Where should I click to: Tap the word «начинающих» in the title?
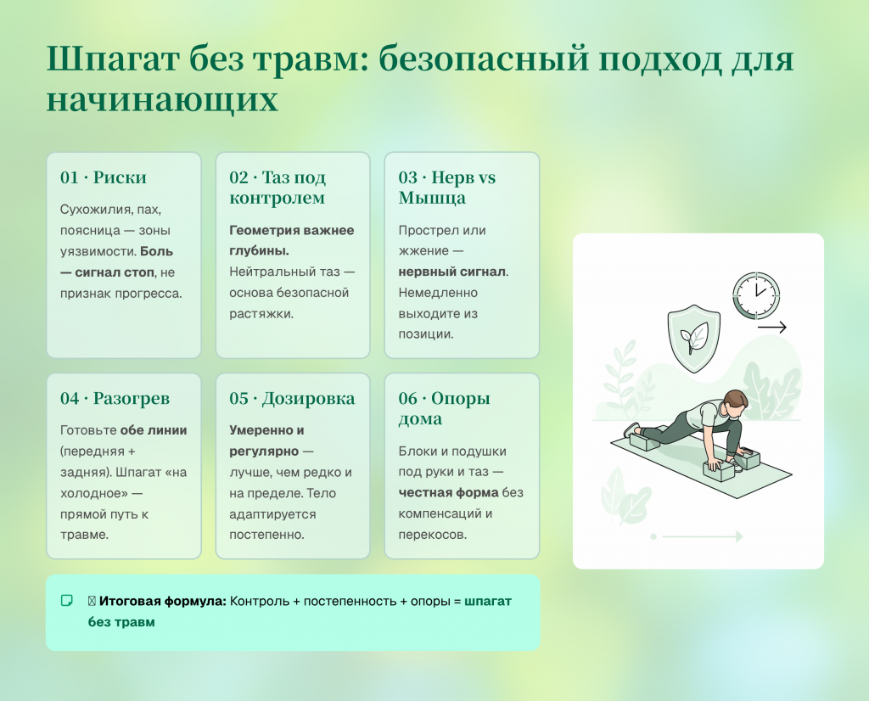click(x=162, y=100)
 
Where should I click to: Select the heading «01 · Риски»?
click(x=103, y=177)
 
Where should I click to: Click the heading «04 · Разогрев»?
click(x=115, y=398)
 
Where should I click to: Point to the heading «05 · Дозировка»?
click(x=292, y=398)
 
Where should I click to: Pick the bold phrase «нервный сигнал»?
click(x=451, y=272)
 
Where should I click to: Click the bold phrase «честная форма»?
click(x=448, y=492)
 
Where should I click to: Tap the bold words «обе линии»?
click(x=154, y=430)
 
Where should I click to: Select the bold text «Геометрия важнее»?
click(x=292, y=230)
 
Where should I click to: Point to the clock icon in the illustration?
click(x=756, y=295)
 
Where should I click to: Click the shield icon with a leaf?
click(x=694, y=338)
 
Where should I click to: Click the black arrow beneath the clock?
click(x=772, y=328)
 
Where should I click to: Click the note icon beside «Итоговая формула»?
click(x=66, y=601)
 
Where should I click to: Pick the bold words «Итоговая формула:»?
click(x=162, y=601)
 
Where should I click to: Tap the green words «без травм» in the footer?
click(x=121, y=622)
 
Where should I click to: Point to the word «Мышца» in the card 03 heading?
click(x=432, y=198)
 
